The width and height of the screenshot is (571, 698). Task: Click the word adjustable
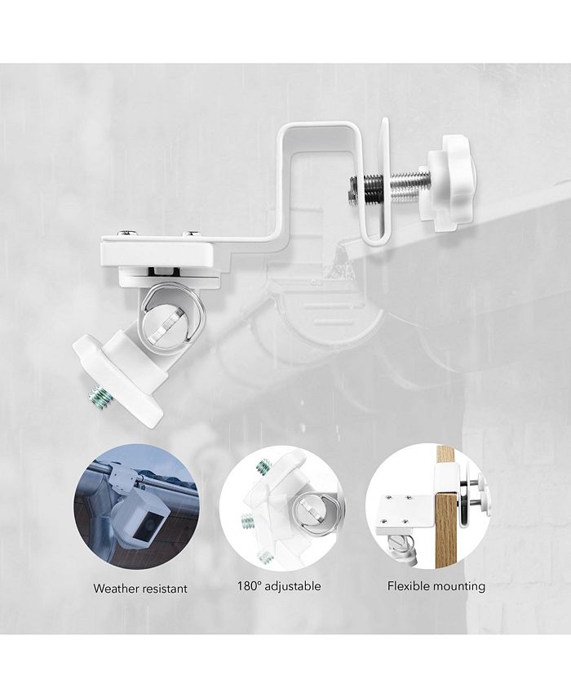tap(293, 586)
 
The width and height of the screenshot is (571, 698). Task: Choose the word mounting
tap(462, 586)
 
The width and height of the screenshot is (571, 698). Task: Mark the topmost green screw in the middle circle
tap(262, 466)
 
